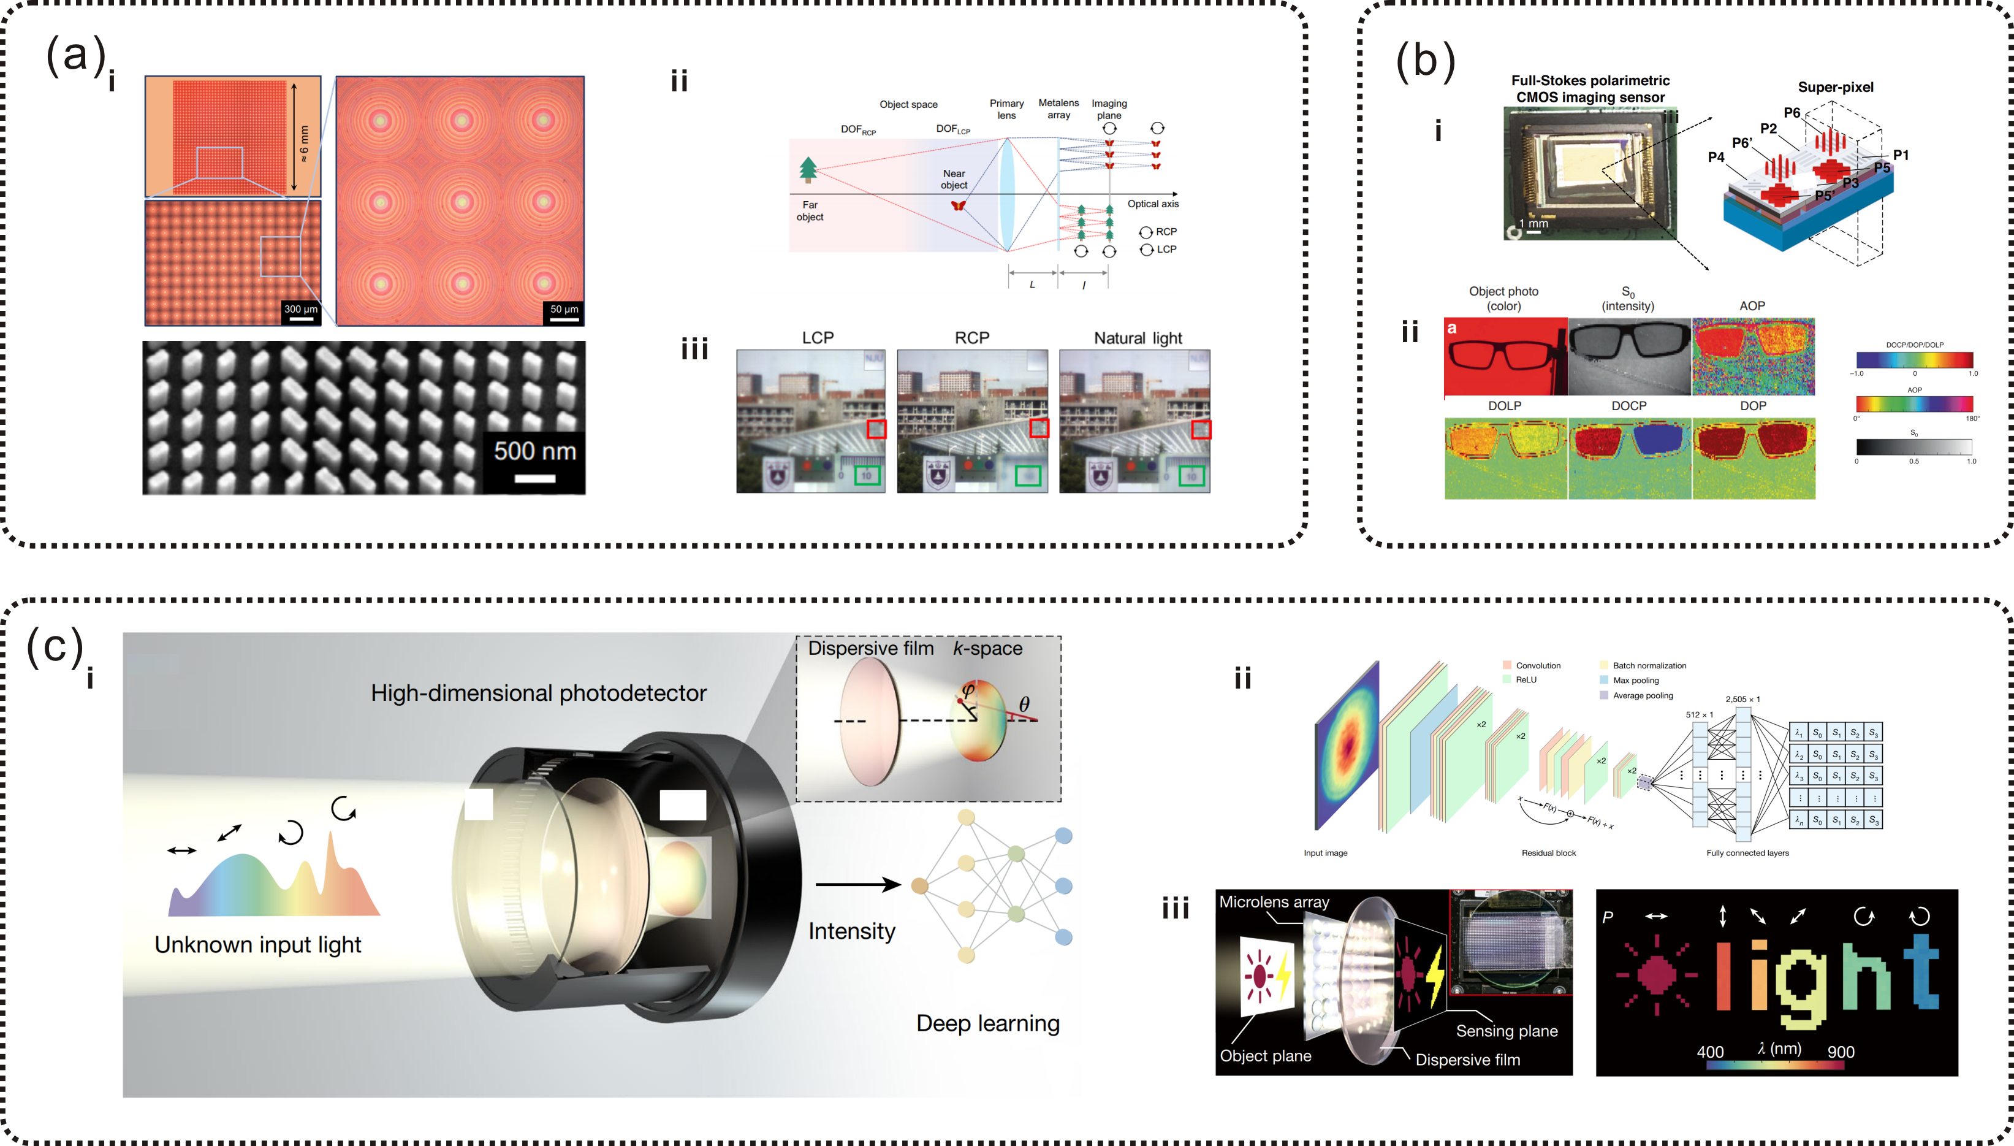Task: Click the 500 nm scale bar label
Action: (535, 451)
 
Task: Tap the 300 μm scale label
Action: (300, 309)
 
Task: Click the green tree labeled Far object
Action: (808, 169)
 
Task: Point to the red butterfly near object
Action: (957, 205)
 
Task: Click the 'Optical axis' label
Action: (1152, 204)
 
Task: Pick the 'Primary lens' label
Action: (1006, 109)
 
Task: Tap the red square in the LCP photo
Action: (876, 429)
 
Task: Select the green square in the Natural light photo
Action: (1191, 476)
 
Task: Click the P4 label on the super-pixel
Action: (1716, 158)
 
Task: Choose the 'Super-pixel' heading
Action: (1836, 87)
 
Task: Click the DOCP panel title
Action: (1628, 406)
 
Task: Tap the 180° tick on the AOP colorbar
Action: (1972, 419)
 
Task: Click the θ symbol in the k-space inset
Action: (1024, 704)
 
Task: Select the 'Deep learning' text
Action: (987, 1023)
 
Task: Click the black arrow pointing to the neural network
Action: (857, 885)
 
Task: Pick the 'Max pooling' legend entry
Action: (1635, 681)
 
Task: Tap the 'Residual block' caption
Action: (1548, 853)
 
